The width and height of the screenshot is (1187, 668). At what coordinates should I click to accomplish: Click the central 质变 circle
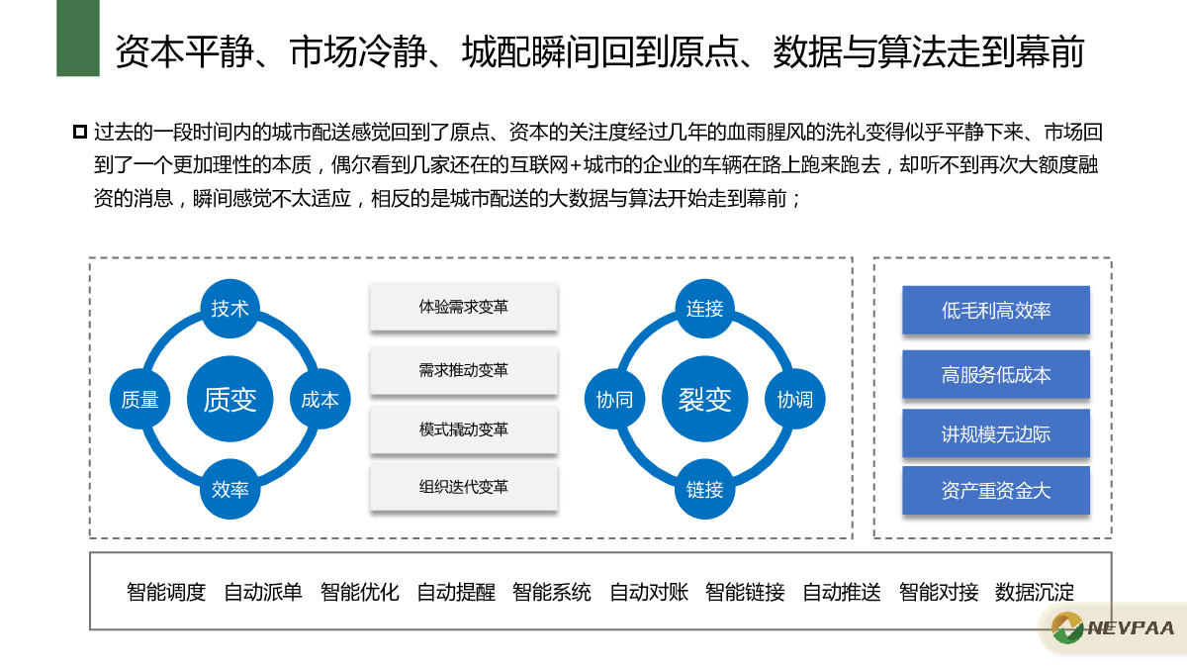(229, 399)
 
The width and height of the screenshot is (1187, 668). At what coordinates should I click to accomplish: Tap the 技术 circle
(229, 309)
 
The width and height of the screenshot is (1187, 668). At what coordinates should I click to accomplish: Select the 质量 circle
(139, 399)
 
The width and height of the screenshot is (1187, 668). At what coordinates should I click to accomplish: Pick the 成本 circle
(320, 399)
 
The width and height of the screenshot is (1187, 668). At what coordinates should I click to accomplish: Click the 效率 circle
(229, 489)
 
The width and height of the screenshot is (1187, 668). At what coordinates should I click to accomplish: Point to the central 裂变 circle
(704, 399)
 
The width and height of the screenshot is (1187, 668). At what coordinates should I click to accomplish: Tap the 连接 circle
(704, 309)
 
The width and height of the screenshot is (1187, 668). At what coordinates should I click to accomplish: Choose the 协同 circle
(614, 399)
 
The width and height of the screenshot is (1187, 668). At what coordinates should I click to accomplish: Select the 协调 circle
(795, 399)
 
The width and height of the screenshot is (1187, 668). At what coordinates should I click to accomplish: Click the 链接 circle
(704, 489)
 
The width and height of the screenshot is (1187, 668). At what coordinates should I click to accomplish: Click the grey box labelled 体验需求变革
(464, 307)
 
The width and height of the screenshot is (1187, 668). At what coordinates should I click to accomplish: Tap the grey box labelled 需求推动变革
(464, 370)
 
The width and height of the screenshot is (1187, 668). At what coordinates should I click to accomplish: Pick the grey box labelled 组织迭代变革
(464, 487)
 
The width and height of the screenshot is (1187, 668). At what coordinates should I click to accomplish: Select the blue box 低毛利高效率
(996, 310)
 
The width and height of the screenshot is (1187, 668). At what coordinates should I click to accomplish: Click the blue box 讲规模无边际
(996, 433)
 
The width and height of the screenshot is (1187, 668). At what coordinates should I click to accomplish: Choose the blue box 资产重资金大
(996, 491)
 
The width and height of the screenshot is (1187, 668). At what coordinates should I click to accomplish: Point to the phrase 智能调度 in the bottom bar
(166, 592)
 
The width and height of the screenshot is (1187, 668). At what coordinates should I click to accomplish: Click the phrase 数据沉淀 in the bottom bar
(1035, 592)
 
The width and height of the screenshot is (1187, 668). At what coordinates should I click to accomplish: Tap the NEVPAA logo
(1113, 628)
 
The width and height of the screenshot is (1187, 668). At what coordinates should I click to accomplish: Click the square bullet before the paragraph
(80, 132)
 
